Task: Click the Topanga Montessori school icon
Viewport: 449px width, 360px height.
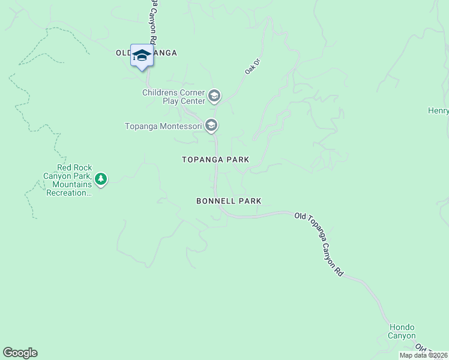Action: click(x=211, y=125)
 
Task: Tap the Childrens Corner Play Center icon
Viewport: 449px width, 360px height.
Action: click(x=214, y=96)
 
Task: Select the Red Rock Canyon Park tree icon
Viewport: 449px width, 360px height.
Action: click(x=101, y=178)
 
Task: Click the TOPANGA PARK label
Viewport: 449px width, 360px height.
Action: click(x=215, y=160)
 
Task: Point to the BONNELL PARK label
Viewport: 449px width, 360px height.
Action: click(x=229, y=202)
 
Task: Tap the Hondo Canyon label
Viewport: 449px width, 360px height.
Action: click(x=402, y=332)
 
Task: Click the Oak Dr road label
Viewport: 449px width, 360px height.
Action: click(x=251, y=66)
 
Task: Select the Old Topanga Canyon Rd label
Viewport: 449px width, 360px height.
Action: click(x=319, y=244)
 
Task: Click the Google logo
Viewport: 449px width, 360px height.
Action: click(x=20, y=353)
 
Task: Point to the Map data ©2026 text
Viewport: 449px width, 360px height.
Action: click(x=423, y=355)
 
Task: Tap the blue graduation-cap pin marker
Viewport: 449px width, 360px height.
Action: click(x=142, y=56)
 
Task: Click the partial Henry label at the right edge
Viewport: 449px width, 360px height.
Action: click(x=438, y=110)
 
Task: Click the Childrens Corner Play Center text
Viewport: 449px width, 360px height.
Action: click(x=173, y=97)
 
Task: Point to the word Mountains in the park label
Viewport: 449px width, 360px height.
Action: click(x=71, y=185)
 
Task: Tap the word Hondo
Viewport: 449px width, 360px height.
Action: click(x=402, y=328)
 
